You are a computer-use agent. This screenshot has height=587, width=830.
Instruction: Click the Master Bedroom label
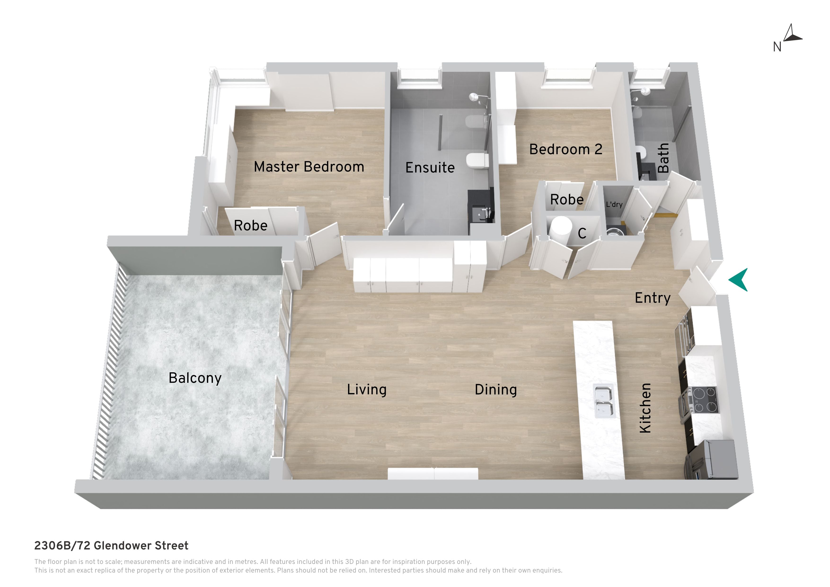309,167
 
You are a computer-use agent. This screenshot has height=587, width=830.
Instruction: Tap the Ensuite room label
430,167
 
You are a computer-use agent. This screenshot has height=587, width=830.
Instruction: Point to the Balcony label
195,378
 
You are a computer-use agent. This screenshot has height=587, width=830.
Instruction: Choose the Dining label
496,390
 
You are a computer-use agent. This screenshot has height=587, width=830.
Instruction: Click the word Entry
653,298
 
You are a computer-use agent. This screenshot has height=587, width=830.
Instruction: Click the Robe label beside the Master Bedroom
251,226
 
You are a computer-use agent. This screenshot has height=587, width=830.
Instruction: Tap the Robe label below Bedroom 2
567,200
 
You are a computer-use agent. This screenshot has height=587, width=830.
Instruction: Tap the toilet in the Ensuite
477,160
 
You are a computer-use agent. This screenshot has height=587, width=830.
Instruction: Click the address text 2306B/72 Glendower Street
111,545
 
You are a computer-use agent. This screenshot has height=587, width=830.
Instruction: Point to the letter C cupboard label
582,234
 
